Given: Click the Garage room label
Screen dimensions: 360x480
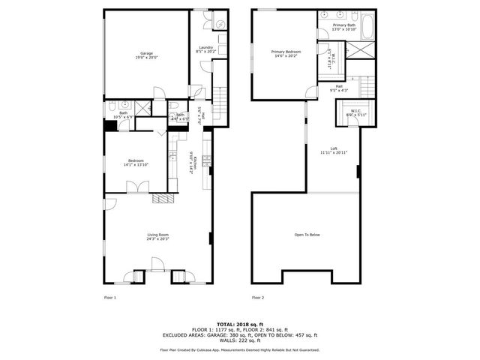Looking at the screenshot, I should click(146, 53).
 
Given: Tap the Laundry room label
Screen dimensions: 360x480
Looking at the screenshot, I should click(205, 48).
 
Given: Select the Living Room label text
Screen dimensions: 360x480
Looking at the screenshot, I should click(157, 235).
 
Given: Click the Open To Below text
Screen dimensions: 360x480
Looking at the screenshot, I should click(307, 235).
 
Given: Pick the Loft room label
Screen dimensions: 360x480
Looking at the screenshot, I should click(334, 148).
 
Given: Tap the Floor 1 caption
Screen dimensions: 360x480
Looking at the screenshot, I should click(109, 298).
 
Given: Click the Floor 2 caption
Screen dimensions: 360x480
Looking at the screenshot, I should click(258, 298).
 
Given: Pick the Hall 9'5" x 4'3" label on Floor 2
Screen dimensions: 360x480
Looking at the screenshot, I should click(339, 88).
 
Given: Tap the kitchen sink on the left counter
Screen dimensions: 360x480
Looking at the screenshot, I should click(172, 157).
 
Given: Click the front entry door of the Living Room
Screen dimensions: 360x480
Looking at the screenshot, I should click(157, 265).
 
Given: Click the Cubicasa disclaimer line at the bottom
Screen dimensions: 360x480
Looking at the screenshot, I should click(239, 349).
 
